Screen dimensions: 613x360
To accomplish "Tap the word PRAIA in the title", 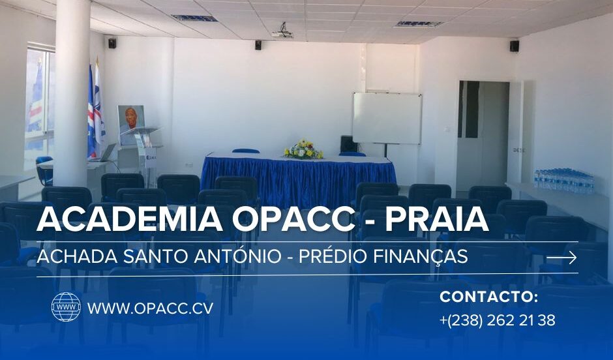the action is pos(437,219).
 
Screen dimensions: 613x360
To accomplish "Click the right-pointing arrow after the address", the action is pos(561,258).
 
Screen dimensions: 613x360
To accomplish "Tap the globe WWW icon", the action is pos(66,307).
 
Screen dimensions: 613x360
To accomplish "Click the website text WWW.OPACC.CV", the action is pos(151,308).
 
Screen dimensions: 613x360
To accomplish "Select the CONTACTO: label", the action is pos(488,297).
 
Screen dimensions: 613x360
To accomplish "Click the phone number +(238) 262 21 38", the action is pos(498,320).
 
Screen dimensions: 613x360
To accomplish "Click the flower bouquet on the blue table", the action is pos(303,149).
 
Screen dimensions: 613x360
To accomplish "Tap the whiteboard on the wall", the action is pos(387,119).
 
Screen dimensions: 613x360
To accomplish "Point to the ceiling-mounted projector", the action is pos(283,32).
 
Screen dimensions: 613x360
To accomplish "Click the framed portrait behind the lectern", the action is pos(131,119).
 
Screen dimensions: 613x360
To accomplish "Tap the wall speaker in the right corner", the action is pos(514,46).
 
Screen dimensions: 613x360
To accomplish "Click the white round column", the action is pos(72,94).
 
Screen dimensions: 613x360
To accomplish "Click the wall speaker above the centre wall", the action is pos(258,45).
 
